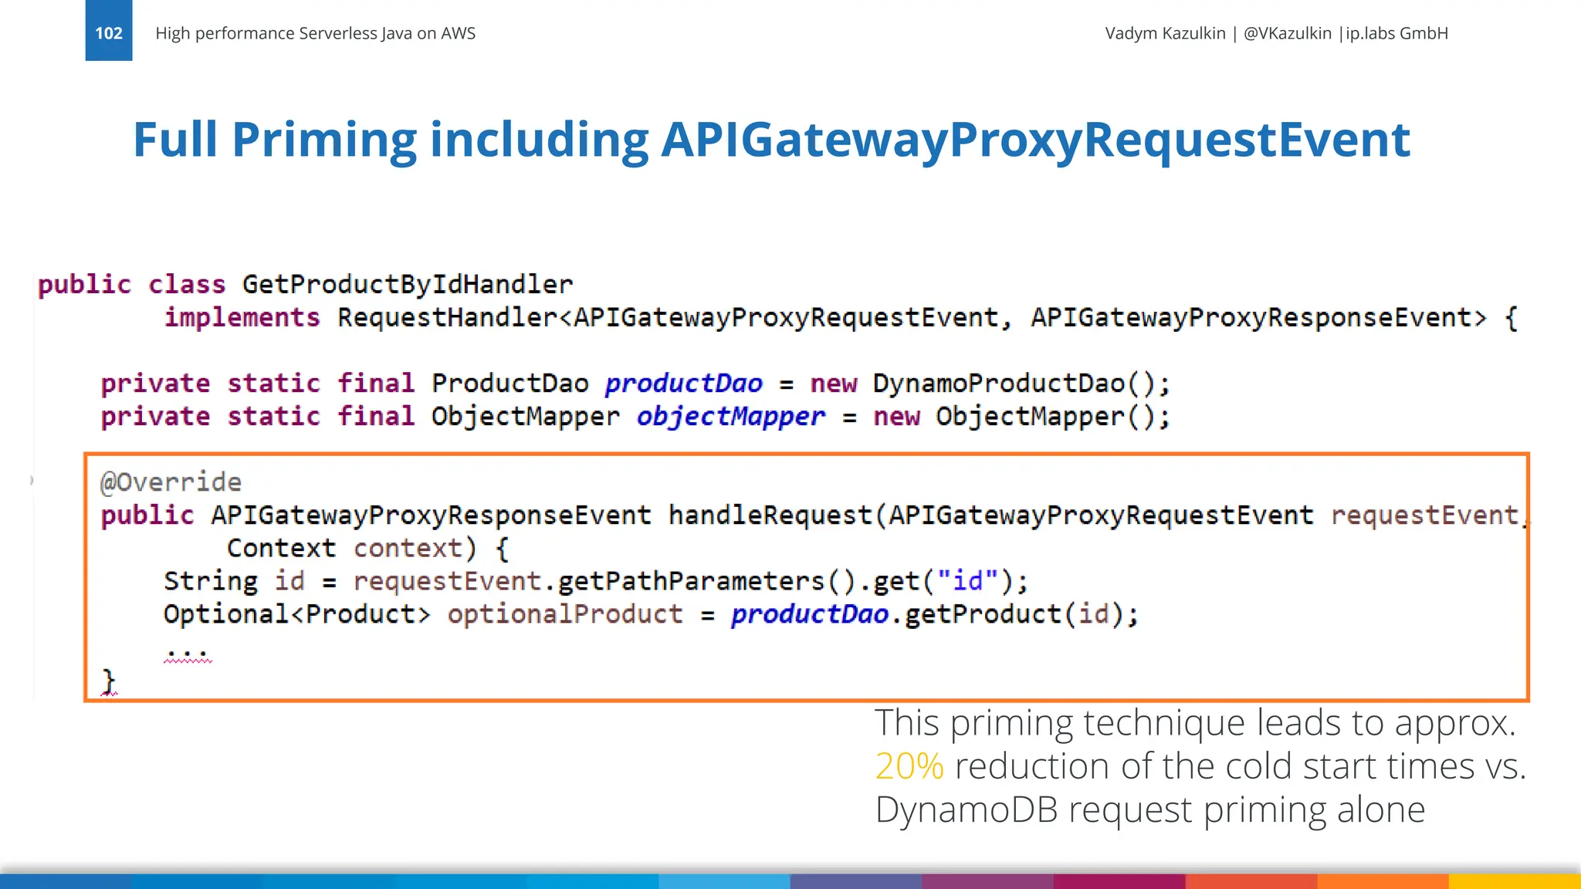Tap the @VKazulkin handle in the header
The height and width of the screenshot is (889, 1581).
point(1288,33)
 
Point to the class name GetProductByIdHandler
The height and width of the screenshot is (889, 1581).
point(408,285)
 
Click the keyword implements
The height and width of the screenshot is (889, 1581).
point(242,318)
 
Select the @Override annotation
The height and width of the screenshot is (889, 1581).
point(171,482)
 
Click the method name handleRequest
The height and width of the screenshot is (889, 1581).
point(770,515)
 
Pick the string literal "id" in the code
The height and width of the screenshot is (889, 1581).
point(968,581)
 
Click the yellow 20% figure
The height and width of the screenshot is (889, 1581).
point(909,766)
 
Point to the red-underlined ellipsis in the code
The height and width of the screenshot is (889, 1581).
point(187,654)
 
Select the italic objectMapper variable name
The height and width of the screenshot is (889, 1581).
point(730,417)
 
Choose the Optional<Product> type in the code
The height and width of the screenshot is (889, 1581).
point(296,614)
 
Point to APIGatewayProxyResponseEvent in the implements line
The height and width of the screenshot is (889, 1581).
point(1258,318)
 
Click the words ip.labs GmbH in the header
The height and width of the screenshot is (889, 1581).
point(1396,33)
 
